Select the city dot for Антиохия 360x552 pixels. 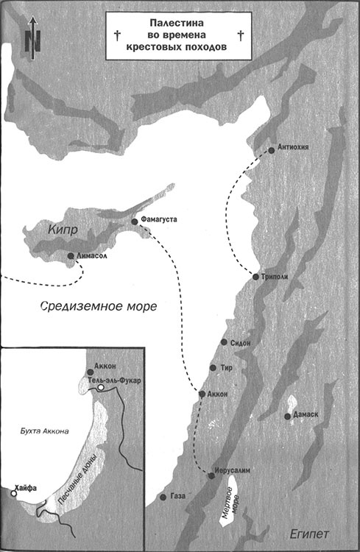pyautogui.click(x=272, y=149)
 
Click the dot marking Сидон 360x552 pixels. pyautogui.click(x=225, y=344)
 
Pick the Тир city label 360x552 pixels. pyautogui.click(x=227, y=368)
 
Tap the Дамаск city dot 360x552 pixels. pyautogui.click(x=286, y=417)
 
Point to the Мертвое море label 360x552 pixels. pyautogui.click(x=232, y=505)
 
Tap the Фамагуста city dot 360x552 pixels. pyautogui.click(x=134, y=221)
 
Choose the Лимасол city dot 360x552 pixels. pyautogui.click(x=70, y=256)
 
